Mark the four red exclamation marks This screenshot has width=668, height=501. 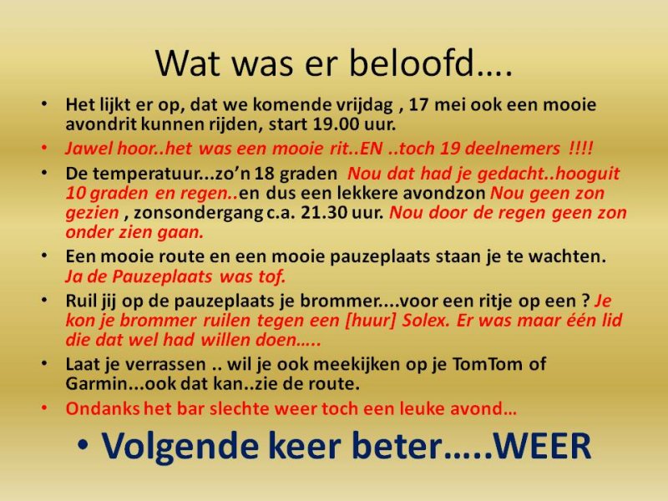pos(580,149)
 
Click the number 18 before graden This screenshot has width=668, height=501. pos(264,174)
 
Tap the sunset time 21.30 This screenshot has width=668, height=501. pos(324,213)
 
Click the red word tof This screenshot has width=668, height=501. pos(271,277)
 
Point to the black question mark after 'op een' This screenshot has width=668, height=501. pos(586,301)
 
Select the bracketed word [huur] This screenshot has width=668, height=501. pos(370,321)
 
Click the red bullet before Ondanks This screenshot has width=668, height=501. pos(44,407)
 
